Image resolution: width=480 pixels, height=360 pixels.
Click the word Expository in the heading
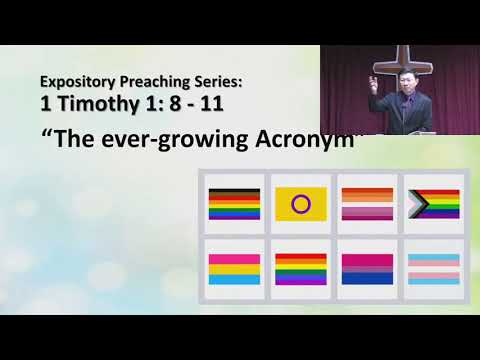[75, 80]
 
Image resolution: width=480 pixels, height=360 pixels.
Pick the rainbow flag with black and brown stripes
[233, 205]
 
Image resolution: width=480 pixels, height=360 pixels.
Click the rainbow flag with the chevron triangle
[432, 205]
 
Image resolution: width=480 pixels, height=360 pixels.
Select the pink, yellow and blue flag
[233, 269]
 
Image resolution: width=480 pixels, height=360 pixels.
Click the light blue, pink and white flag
[432, 269]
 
